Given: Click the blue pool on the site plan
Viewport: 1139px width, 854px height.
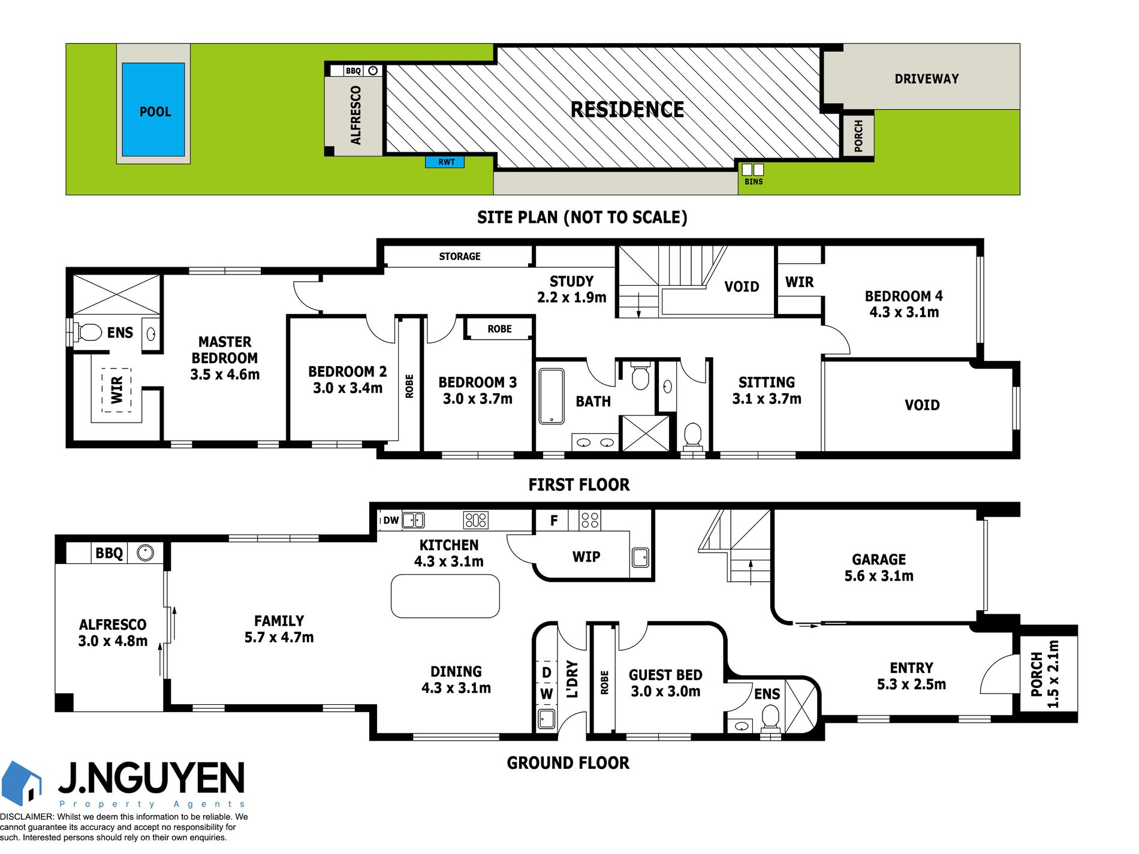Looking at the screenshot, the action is point(153,110).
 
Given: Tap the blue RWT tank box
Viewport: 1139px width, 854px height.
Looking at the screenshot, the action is point(445,162).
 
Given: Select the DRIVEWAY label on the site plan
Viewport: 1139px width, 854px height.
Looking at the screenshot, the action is point(926,79).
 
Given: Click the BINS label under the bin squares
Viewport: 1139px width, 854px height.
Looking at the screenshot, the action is point(754,182).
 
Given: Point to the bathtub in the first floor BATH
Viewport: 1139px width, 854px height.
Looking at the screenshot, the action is point(552,396).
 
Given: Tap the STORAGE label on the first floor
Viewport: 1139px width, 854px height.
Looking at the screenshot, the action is point(460,256).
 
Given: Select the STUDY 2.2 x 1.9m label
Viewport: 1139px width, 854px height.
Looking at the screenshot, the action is point(572,289).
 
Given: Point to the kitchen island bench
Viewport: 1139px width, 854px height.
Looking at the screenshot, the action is point(445,596).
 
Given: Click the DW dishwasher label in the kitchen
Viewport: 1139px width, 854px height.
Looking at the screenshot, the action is point(391,520).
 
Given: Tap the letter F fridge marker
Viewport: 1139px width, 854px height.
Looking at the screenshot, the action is point(554,521).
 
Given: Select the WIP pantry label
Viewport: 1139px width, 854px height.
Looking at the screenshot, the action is point(586,557).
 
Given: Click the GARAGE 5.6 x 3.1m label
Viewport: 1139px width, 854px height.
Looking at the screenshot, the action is point(879,568).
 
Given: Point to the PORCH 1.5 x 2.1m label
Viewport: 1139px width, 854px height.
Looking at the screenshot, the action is point(1045,674).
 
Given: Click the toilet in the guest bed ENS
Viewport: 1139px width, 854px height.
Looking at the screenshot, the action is point(770,717).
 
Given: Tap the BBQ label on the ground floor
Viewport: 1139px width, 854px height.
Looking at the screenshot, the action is point(109,553).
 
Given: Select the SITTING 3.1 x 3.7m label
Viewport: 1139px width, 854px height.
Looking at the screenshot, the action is point(767,390).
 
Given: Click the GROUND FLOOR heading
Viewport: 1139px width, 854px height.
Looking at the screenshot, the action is point(568,763).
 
